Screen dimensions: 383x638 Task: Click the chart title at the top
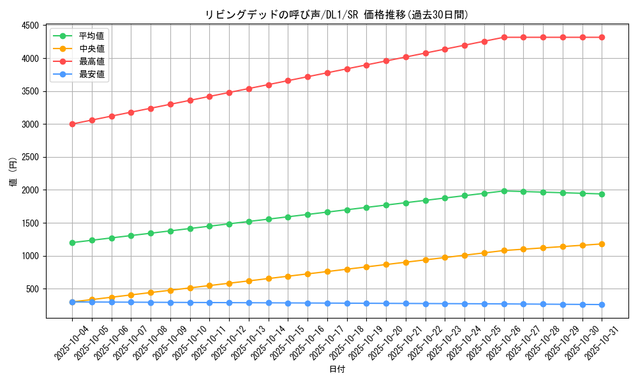336,15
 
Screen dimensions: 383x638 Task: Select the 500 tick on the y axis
33,289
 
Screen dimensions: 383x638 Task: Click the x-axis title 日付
337,370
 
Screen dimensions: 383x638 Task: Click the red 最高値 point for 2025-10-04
72,124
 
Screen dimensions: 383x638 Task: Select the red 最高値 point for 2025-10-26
504,37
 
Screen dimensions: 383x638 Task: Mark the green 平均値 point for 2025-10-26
504,191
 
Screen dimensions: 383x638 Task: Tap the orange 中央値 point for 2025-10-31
602,244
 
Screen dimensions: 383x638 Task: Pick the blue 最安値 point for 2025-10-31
602,304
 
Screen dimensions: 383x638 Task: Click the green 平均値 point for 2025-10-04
72,243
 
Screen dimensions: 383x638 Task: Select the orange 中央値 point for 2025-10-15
288,276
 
